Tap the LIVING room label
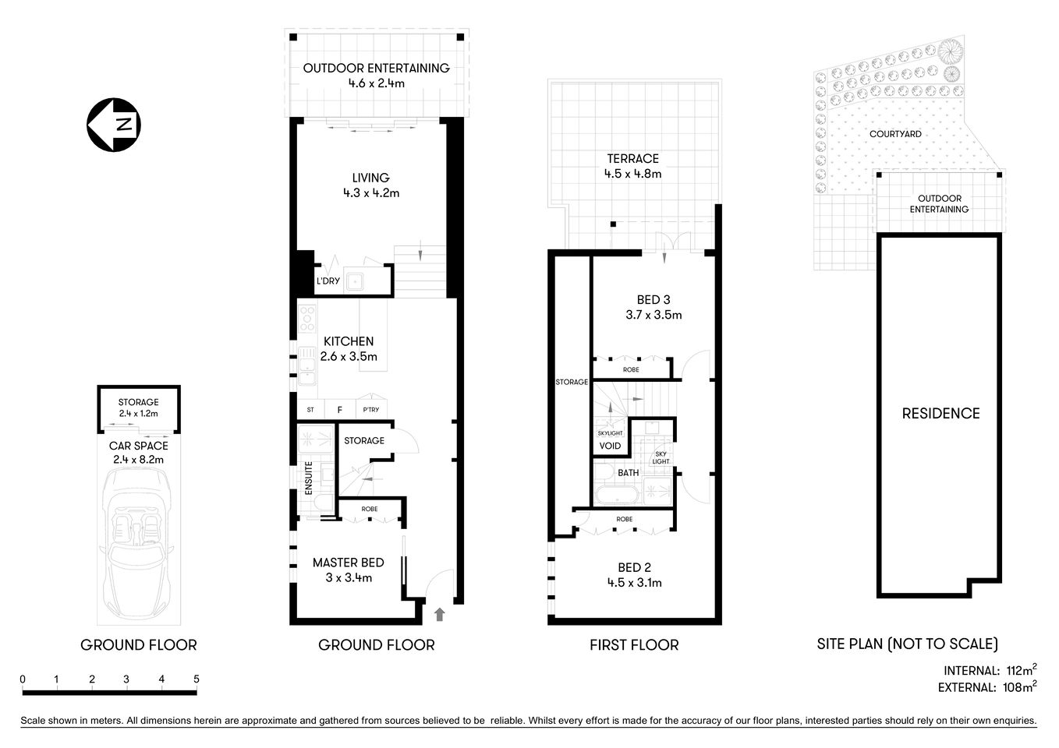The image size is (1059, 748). click(x=370, y=178)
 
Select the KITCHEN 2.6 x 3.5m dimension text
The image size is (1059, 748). click(x=349, y=357)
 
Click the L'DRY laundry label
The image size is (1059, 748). click(x=328, y=280)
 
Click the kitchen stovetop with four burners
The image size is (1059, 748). click(x=307, y=319)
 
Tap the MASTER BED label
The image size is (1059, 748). click(x=348, y=563)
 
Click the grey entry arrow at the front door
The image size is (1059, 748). click(x=439, y=614)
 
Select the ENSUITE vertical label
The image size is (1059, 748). click(x=309, y=478)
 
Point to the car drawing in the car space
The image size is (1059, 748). click(x=139, y=545)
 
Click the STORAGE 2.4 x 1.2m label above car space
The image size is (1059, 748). click(x=139, y=408)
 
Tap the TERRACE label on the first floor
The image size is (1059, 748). click(x=632, y=159)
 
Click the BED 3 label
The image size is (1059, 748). click(x=653, y=300)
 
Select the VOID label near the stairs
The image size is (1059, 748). click(x=610, y=446)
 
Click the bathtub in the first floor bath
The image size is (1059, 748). click(x=617, y=496)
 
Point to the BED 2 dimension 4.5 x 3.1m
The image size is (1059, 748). click(x=634, y=583)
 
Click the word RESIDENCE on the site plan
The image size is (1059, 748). click(x=940, y=414)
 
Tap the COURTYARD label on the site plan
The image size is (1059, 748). click(x=895, y=134)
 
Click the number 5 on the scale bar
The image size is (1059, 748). click(x=196, y=679)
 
